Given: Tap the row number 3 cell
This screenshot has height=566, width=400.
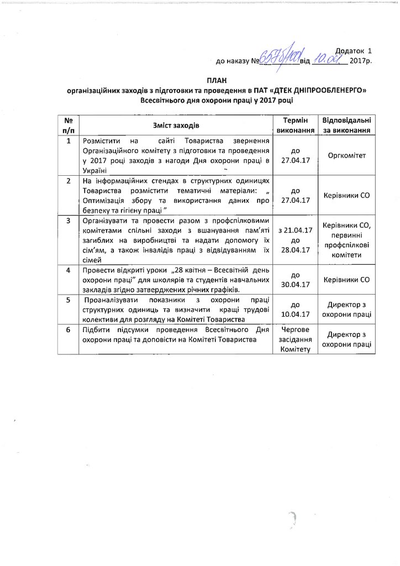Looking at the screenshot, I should (x=69, y=221).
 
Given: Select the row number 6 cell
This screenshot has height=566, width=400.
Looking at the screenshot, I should (x=69, y=330).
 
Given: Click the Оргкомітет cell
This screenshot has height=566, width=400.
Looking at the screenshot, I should (x=346, y=156).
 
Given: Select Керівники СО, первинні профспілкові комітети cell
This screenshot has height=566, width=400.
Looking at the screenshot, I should (x=346, y=239).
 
